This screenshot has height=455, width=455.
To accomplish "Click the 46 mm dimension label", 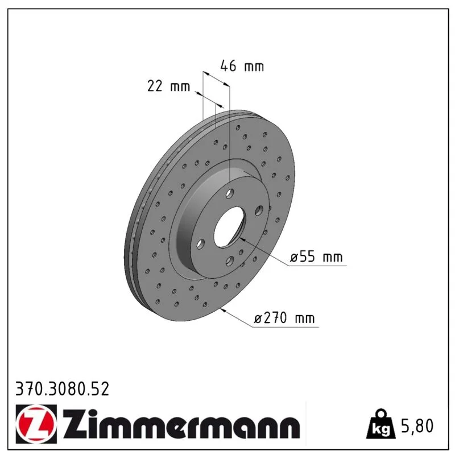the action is [x=242, y=66].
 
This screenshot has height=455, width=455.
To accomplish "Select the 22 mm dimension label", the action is [x=168, y=86].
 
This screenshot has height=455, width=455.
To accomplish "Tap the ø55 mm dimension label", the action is [x=317, y=257].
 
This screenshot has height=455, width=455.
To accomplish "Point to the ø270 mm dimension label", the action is [x=284, y=318].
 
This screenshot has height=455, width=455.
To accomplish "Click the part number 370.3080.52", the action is [x=63, y=389].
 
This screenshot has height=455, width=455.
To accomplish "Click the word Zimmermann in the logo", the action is [x=181, y=423].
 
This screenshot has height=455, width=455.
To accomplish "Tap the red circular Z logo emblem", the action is [x=36, y=424].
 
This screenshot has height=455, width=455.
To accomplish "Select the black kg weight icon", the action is [x=381, y=424].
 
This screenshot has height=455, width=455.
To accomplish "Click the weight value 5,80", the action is [x=417, y=425].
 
